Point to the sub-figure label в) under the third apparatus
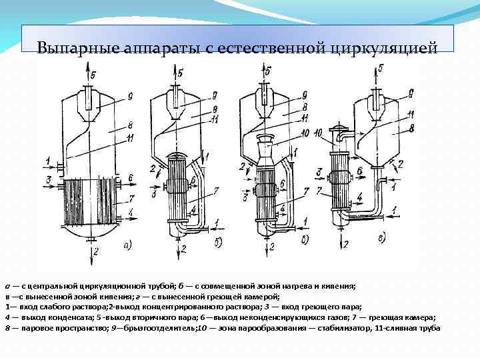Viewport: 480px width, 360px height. click(x=305, y=239)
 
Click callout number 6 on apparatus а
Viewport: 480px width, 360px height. click(x=131, y=178)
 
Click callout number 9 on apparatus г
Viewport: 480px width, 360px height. click(x=411, y=93)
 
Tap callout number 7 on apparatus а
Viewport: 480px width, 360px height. click(x=131, y=197)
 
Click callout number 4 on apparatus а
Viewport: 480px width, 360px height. click(x=130, y=212)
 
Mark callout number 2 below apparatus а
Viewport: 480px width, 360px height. click(x=97, y=251)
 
